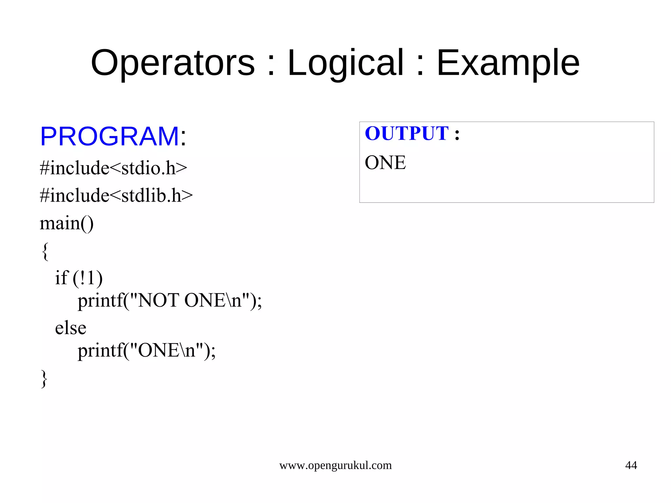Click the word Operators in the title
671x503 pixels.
(x=173, y=63)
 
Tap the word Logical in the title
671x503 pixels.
(x=345, y=63)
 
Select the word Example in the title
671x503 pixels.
(x=508, y=63)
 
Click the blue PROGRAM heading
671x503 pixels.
(x=109, y=136)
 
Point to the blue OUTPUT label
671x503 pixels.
(x=406, y=133)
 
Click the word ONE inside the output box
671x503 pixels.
(x=385, y=163)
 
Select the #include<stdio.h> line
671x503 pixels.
(x=113, y=168)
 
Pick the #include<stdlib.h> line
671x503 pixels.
(x=116, y=196)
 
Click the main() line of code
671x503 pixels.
(x=67, y=223)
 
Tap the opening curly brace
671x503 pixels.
(x=45, y=252)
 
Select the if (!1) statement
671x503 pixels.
(x=79, y=278)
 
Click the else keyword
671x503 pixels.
(x=70, y=328)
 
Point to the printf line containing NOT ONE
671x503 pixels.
(x=170, y=300)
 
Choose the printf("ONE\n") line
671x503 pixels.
(x=146, y=351)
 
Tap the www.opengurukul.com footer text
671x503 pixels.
(x=335, y=465)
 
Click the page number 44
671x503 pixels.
(x=631, y=465)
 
